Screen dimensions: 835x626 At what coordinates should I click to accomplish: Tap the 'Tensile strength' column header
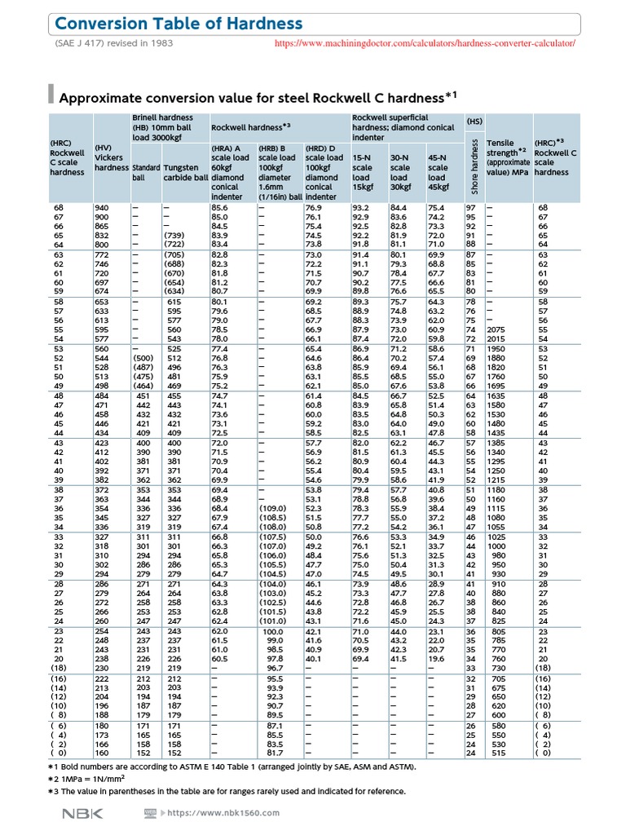507,157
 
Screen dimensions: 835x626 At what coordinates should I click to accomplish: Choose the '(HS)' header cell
474,121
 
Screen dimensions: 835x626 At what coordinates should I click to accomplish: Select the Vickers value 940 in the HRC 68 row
102,209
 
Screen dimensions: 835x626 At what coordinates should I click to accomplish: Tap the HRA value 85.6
219,209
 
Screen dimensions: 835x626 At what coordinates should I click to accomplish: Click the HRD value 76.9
314,209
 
